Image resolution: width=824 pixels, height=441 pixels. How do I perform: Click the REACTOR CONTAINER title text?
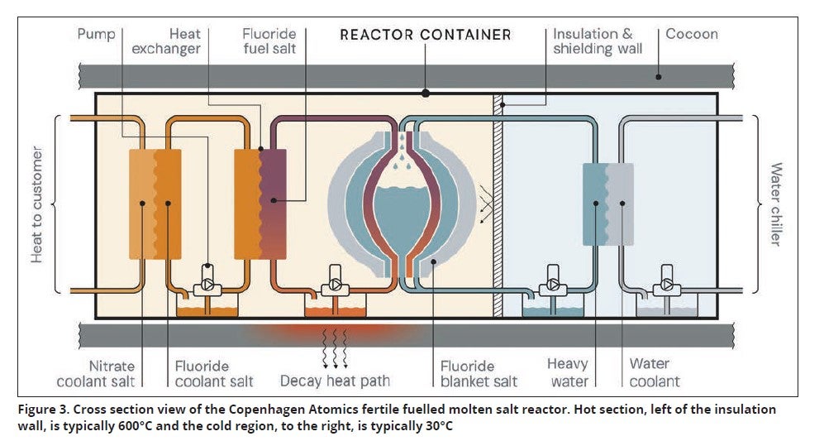(x=426, y=35)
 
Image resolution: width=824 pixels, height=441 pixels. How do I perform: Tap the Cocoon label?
(x=692, y=34)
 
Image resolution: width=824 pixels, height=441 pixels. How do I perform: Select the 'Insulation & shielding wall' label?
(x=593, y=41)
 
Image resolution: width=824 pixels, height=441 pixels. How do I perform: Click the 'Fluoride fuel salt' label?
(x=269, y=41)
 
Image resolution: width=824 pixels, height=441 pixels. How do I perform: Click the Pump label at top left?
(x=96, y=34)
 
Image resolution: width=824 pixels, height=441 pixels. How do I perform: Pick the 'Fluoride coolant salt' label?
(x=214, y=373)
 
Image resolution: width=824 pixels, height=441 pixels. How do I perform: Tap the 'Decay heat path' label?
(x=335, y=381)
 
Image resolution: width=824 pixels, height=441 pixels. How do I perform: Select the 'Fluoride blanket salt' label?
(x=479, y=373)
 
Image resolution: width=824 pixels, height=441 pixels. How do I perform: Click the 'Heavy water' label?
(x=568, y=372)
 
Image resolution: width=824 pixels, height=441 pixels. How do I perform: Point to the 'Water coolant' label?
(x=654, y=372)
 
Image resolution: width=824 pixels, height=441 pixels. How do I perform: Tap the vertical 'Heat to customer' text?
(x=37, y=204)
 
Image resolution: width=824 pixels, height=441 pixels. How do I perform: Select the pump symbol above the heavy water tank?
(x=550, y=285)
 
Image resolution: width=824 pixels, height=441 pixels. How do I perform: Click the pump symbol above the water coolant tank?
(x=666, y=285)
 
